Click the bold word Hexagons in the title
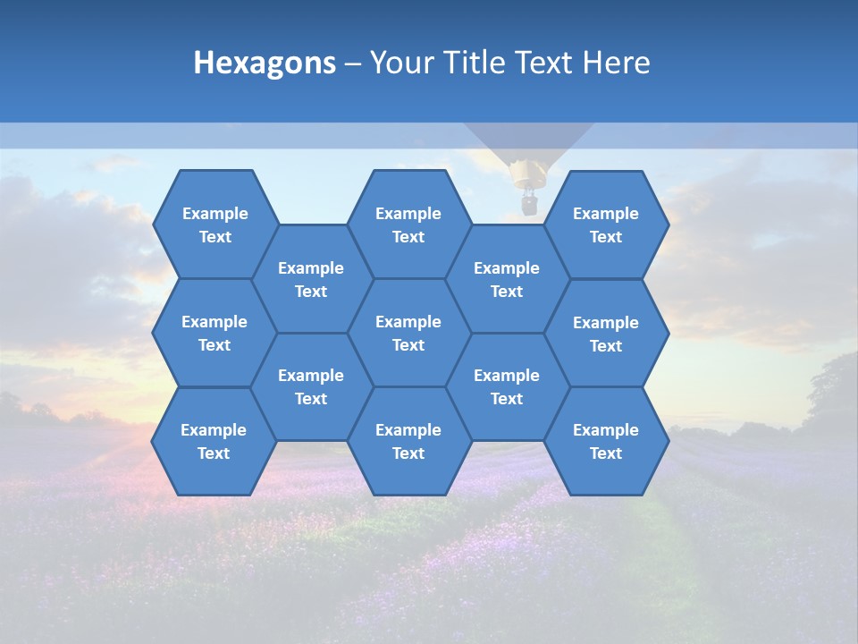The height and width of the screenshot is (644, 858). tap(265, 63)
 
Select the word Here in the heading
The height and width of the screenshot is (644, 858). tap(617, 63)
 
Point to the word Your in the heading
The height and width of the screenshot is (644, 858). tap(397, 63)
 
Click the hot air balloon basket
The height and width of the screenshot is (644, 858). tap(529, 205)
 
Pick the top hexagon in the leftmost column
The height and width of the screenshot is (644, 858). tap(214, 225)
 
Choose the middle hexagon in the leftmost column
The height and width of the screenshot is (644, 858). tap(214, 333)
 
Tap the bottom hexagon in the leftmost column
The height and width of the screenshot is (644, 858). tap(214, 441)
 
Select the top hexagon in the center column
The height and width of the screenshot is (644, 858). tap(408, 225)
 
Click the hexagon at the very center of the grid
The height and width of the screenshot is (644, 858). tap(408, 333)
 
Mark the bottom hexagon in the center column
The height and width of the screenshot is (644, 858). tap(408, 441)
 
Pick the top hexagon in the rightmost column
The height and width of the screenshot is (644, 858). tap(606, 225)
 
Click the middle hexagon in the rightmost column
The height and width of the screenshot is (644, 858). tap(606, 334)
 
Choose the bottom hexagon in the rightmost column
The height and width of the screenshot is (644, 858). tap(606, 441)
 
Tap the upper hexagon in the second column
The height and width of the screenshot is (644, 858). tap(311, 279)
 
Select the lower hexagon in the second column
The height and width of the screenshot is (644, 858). tap(311, 386)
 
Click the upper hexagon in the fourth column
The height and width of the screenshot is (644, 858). tap(507, 279)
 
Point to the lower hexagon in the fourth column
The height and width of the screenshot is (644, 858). tap(507, 386)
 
